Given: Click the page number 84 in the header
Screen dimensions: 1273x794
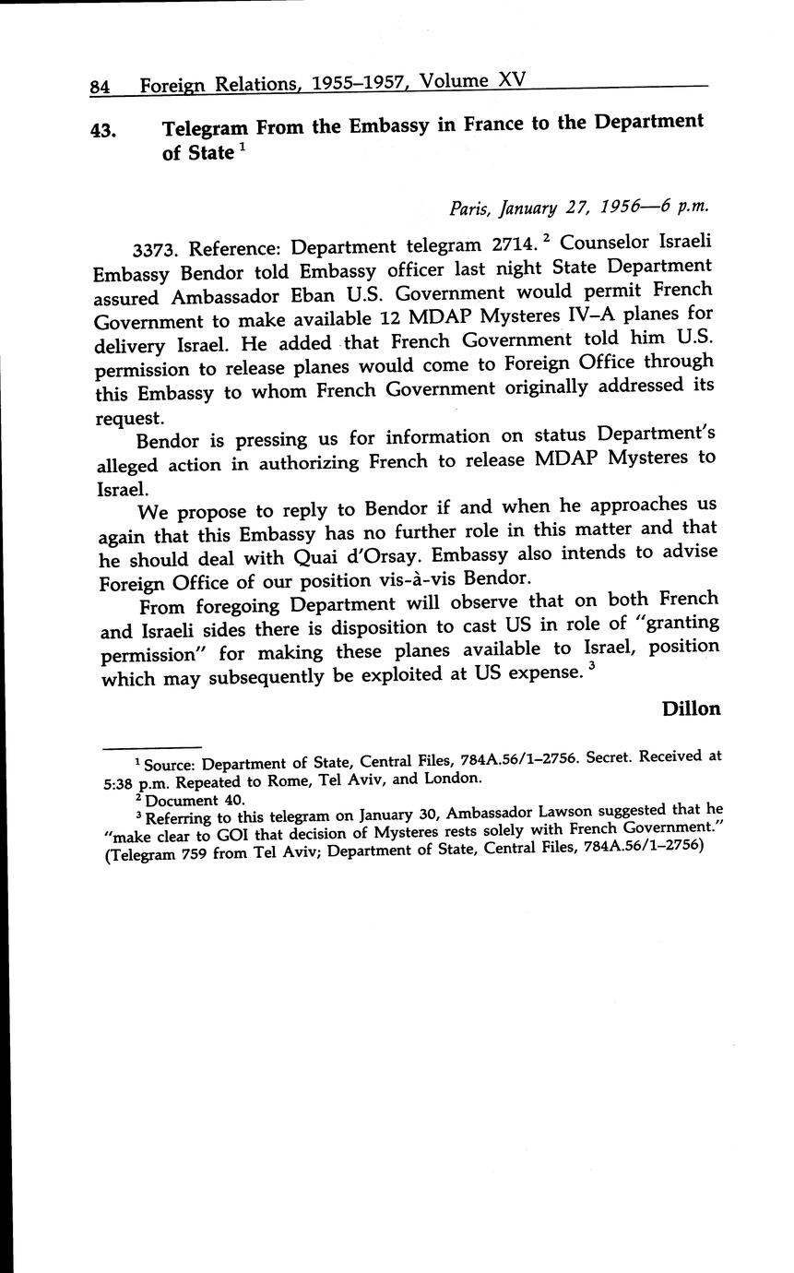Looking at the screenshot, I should (100, 88).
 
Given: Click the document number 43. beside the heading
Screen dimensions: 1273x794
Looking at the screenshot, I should (102, 130).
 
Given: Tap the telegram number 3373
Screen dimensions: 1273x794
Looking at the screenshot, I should (157, 249).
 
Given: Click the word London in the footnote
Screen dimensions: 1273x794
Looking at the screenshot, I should (451, 778).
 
